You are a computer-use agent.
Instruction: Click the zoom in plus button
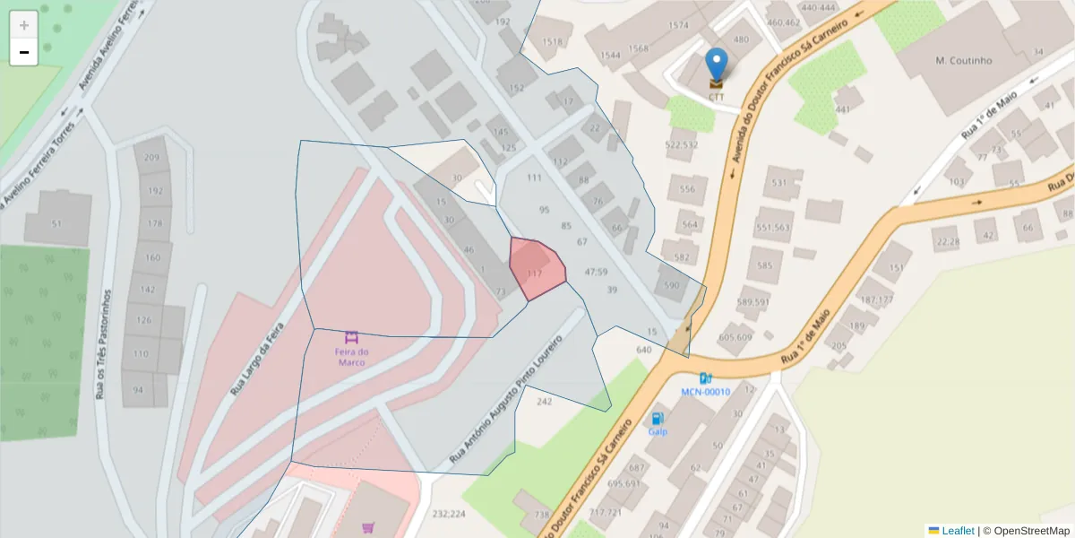pos(24,25)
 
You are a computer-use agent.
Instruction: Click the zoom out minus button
pos(24,52)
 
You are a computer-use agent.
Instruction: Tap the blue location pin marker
pos(717,65)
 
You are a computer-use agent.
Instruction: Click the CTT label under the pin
pos(717,97)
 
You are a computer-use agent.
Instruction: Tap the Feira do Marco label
pos(352,357)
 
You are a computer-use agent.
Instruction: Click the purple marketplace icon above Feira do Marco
pos(352,338)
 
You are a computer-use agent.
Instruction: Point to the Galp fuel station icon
pos(658,418)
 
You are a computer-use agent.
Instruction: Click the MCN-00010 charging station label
pos(705,392)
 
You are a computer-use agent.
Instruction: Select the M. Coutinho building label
pos(964,61)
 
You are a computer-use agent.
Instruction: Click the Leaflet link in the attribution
pos(957,531)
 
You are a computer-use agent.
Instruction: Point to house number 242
pos(544,402)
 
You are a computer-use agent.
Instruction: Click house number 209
pos(152,159)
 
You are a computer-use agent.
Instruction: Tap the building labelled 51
pos(57,224)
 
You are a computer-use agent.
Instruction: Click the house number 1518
pos(553,42)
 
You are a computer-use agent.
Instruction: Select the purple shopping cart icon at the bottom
pos(367,528)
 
